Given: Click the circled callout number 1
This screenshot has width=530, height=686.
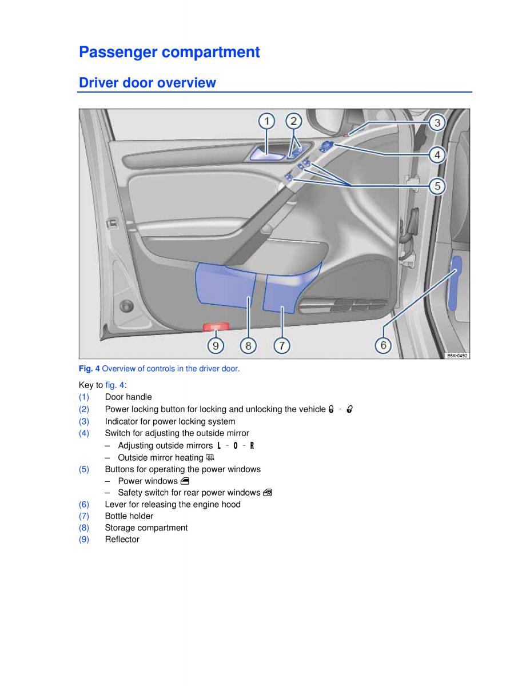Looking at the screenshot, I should coord(266,121).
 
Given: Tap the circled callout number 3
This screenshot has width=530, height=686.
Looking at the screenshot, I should coord(437,122).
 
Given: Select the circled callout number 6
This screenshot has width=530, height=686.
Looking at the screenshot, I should coord(383,345).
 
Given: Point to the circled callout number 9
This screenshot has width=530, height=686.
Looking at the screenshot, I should coord(216,345).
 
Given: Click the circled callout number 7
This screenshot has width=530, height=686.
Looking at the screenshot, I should coord(282,345).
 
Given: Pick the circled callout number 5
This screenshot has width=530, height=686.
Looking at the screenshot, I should coord(437,186).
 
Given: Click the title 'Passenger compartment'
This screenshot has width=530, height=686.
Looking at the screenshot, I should coord(169,52).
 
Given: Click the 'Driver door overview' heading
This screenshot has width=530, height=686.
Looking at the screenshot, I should coord(148,83).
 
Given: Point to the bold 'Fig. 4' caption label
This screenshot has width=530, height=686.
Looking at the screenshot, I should coord(89,369).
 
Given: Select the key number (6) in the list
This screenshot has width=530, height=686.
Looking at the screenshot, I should coord(84,504).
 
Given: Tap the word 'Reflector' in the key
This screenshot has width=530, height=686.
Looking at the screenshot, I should coord(122,539).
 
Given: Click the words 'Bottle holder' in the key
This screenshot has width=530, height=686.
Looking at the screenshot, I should coord(129,516).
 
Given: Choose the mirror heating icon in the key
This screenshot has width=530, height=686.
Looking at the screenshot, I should coord(210,457).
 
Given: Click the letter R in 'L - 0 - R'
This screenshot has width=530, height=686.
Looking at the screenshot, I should coord(252,445).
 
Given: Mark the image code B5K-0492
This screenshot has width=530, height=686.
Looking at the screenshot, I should coord(457,355).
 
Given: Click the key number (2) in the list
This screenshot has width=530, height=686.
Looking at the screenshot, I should coord(84,409).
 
